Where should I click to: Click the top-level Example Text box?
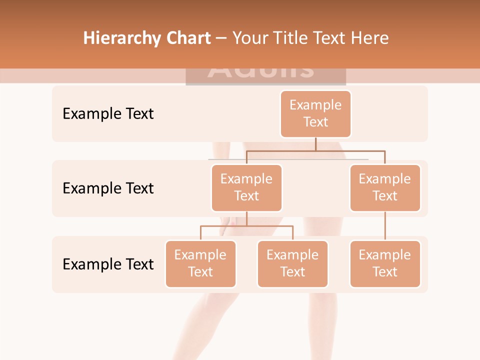click(x=315, y=113)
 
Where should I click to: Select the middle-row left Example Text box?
click(x=246, y=187)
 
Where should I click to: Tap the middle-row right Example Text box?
click(x=385, y=187)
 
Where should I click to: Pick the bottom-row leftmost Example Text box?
click(x=200, y=263)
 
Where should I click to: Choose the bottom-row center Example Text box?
click(x=292, y=263)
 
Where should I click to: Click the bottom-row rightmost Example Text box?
click(x=385, y=263)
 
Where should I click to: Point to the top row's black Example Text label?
click(x=108, y=113)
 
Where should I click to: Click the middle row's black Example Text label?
click(x=108, y=188)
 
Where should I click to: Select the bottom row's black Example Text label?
click(x=108, y=264)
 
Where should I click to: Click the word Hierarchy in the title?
click(x=121, y=38)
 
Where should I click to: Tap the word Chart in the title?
click(x=188, y=38)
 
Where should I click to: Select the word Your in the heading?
click(x=251, y=38)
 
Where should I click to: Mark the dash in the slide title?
click(x=221, y=38)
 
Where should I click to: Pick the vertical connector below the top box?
click(x=315, y=144)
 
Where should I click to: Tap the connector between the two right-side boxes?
click(x=385, y=226)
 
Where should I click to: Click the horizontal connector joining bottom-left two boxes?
click(x=246, y=226)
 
